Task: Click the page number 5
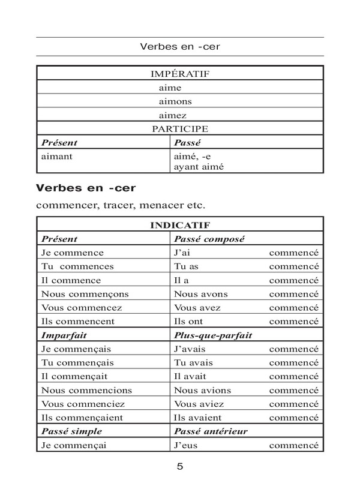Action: pyautogui.click(x=180, y=466)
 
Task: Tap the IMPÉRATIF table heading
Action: pyautogui.click(x=179, y=74)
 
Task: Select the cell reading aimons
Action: pyautogui.click(x=175, y=101)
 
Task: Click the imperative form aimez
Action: pyautogui.click(x=172, y=115)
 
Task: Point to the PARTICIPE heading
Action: pyautogui.click(x=179, y=129)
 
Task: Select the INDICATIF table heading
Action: pyautogui.click(x=179, y=226)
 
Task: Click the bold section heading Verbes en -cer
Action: pyautogui.click(x=85, y=188)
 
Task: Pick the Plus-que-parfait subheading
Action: pyautogui.click(x=212, y=335)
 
